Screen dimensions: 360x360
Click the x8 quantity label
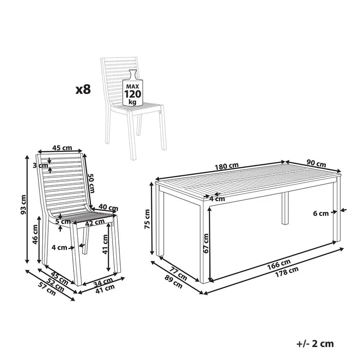click(83, 89)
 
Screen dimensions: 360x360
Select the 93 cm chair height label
click(23, 205)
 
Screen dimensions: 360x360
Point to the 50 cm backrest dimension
click(91, 183)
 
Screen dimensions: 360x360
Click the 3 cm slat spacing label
click(40, 165)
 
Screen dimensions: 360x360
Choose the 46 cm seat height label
click(35, 234)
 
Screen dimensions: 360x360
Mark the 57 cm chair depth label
click(47, 289)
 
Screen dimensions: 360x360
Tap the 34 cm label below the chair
click(103, 282)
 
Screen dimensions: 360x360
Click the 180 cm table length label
click(227, 166)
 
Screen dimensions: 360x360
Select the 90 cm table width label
click(316, 163)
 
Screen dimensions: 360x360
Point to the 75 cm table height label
click(147, 219)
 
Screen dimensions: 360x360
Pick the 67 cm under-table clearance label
click(206, 243)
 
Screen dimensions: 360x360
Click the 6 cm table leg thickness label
click(321, 213)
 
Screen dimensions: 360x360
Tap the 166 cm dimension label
click(279, 264)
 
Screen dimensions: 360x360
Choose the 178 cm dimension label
click(287, 272)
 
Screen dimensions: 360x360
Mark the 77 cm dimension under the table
click(179, 273)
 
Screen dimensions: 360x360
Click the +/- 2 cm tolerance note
click(315, 344)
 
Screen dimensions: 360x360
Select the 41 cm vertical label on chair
click(105, 244)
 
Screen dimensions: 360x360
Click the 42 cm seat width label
click(95, 222)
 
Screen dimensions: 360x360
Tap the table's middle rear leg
click(285, 208)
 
